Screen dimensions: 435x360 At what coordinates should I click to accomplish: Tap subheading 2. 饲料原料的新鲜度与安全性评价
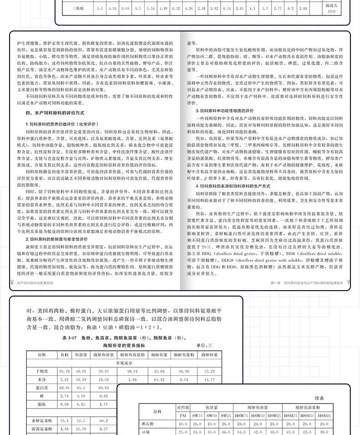point(57,239)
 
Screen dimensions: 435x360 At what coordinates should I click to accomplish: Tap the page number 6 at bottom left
point(11,282)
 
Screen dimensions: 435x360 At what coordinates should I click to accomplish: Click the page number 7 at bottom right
point(348,283)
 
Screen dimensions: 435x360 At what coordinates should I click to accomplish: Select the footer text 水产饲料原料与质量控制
point(36,283)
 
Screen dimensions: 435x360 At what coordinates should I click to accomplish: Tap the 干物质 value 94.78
point(64,371)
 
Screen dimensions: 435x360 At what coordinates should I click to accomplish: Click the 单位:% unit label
point(203,346)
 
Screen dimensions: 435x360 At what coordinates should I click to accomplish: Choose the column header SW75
point(197,415)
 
